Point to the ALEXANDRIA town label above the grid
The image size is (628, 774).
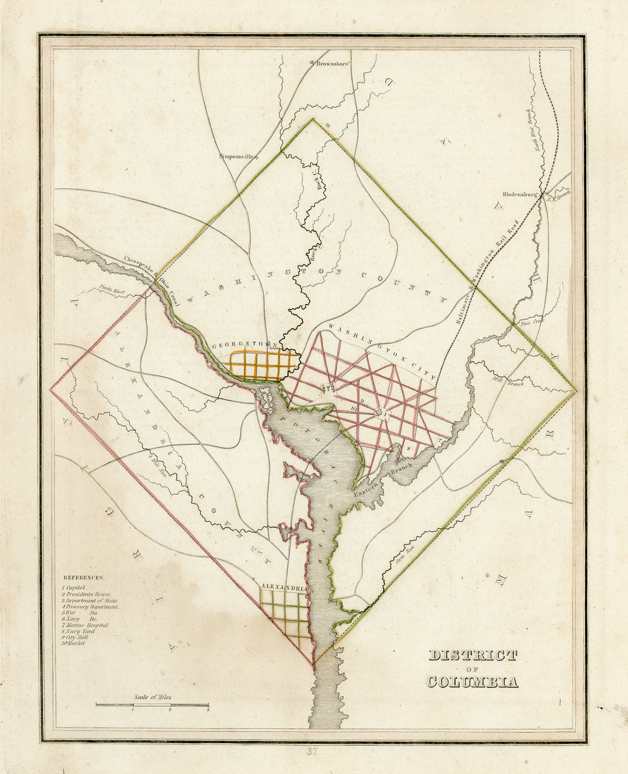(x=284, y=588)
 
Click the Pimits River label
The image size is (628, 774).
(x=112, y=292)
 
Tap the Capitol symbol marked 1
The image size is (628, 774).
(x=381, y=413)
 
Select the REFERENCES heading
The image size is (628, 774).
(x=83, y=578)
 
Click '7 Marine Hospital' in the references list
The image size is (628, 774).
(x=85, y=625)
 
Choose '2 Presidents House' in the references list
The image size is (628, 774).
(x=87, y=594)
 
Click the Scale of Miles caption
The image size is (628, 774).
(x=153, y=697)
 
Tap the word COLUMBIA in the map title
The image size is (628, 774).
(x=472, y=682)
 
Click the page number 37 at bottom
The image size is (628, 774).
(x=313, y=751)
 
